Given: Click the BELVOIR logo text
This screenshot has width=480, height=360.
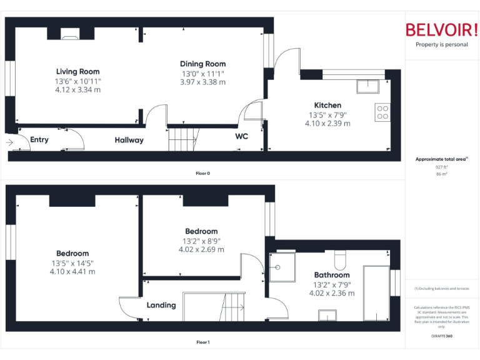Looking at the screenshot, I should click(x=441, y=30).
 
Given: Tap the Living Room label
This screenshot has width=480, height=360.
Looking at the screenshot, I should click(x=77, y=72).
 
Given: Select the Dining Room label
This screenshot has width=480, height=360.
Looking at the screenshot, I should click(x=202, y=64).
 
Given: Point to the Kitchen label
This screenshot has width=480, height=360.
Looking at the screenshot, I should click(x=327, y=106).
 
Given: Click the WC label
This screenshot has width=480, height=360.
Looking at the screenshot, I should click(x=242, y=136).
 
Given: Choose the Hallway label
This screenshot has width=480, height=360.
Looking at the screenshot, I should click(x=129, y=141).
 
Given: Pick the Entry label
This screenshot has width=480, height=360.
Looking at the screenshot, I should click(x=39, y=140).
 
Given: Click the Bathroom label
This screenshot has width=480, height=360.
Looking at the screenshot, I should click(x=332, y=275).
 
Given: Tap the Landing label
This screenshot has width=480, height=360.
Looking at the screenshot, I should click(x=161, y=306).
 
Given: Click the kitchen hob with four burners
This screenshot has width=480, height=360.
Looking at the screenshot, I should click(x=381, y=112).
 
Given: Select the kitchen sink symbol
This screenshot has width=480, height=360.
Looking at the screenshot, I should click(x=367, y=86).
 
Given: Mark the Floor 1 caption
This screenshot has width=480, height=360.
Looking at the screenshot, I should click(x=203, y=342).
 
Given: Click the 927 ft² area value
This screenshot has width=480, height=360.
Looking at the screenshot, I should click(x=441, y=167).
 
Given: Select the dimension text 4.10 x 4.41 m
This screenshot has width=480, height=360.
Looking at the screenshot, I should click(x=72, y=272).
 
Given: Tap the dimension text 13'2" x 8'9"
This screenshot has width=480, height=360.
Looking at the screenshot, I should click(x=201, y=241).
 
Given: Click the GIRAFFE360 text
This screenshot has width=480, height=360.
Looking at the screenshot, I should click(x=441, y=336).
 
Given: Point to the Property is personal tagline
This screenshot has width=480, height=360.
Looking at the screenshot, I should click(x=441, y=45).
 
